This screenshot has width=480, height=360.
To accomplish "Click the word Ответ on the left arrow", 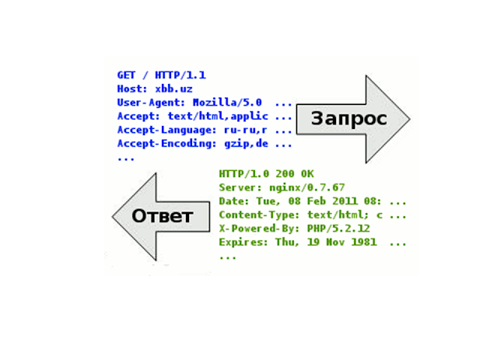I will click(163, 217).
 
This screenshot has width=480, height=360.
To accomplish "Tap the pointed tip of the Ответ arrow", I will click(113, 217).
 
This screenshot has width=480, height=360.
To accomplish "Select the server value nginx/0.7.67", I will click(301, 187).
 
